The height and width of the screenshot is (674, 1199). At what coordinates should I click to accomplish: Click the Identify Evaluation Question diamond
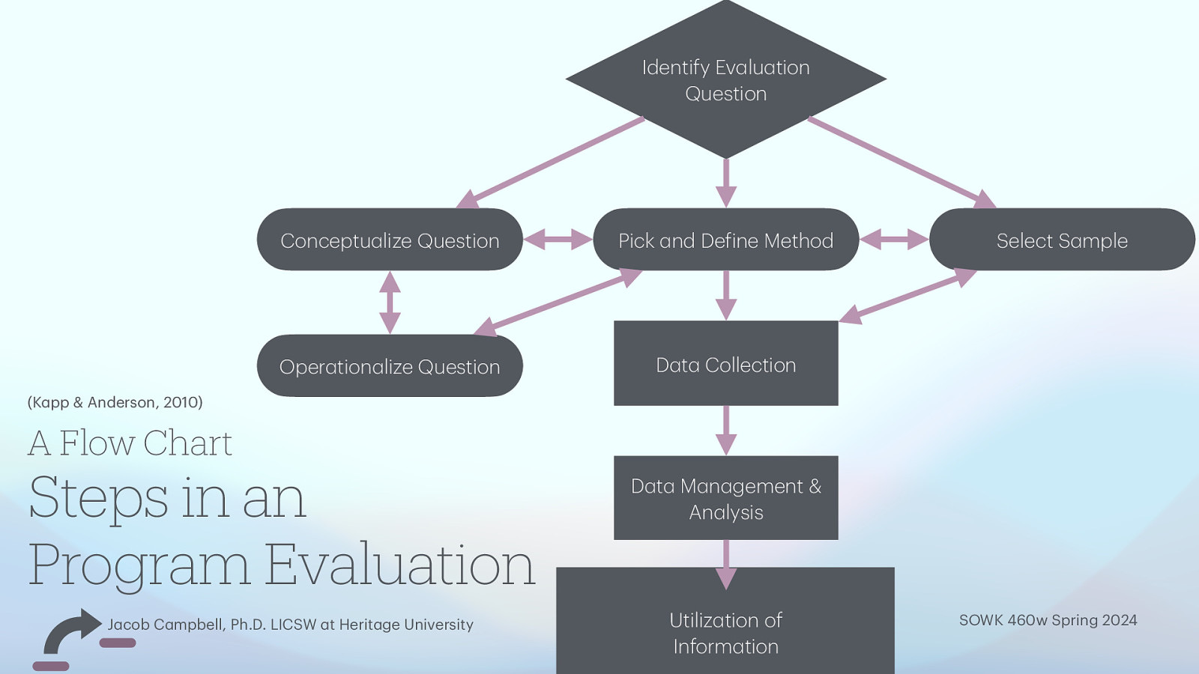(725, 80)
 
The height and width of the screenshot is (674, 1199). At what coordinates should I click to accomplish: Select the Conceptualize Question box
(390, 240)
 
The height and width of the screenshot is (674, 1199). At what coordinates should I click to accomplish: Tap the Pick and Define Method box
(725, 240)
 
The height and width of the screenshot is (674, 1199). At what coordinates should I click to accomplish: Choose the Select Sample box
(1062, 240)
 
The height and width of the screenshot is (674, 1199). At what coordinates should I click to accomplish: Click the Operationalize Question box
(390, 366)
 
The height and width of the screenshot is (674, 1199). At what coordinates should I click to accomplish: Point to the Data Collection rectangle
(725, 365)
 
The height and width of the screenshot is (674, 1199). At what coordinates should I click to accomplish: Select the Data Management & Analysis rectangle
(725, 499)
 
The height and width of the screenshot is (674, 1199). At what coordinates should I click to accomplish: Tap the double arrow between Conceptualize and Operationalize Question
(390, 303)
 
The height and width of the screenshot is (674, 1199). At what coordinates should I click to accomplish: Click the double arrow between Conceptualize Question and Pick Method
(558, 240)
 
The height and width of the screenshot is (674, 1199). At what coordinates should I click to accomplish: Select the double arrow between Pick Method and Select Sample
(894, 240)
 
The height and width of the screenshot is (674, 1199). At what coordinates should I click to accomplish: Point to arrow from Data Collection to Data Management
(725, 430)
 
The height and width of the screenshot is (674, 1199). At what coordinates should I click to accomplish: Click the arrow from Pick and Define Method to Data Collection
(725, 295)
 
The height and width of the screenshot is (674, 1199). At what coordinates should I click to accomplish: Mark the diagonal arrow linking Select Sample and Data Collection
(907, 297)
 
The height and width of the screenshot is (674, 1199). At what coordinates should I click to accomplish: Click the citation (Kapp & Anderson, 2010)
(115, 402)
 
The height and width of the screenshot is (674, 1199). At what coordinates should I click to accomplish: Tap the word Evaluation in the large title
(400, 565)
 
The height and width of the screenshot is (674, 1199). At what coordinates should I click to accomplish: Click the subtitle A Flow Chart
(130, 443)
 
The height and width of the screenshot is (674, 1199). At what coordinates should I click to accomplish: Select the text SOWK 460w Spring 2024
(1048, 620)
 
